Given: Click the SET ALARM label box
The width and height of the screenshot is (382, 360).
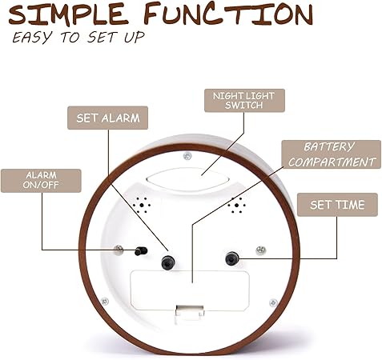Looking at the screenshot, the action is coord(107,118).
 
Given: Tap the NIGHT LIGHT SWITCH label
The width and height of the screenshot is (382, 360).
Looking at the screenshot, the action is coord(244,100).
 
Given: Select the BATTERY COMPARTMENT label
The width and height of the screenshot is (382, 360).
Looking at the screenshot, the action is coord(332,154).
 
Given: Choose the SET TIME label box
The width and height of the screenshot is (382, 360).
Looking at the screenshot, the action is coord(337,205).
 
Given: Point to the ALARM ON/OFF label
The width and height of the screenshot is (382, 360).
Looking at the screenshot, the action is coord(41,181).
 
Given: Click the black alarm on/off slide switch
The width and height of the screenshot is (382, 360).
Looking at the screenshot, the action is coord(141,251).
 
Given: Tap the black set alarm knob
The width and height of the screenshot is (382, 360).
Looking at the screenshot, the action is coord(168,262).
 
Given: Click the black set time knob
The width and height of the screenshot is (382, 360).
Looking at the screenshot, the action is coord(231,258).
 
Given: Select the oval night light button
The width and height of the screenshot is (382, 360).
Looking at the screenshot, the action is coord(188,179).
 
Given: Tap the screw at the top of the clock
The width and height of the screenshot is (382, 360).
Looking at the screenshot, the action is coord(187,156).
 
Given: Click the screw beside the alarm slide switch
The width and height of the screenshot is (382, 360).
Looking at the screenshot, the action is coord(119,250).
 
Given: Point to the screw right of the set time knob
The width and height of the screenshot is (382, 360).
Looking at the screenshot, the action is coord(260,250).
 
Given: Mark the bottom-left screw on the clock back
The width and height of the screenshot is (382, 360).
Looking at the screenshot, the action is coord(105,302).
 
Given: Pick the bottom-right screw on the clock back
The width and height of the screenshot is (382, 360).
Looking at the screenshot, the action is coord(273,302).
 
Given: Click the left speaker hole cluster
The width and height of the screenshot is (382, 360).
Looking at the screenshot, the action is coord(142,205).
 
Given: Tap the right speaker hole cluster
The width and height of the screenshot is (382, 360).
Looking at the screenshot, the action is coord(236,205).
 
